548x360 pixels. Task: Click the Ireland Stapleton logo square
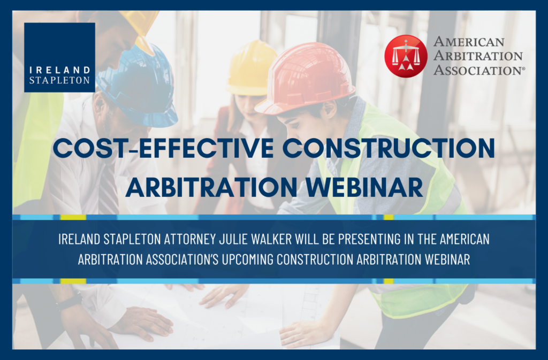coord(59,57)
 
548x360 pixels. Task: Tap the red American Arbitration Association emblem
coord(406,56)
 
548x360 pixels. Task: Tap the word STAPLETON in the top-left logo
coord(59,80)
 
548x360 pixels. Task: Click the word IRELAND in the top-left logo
coord(59,71)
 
